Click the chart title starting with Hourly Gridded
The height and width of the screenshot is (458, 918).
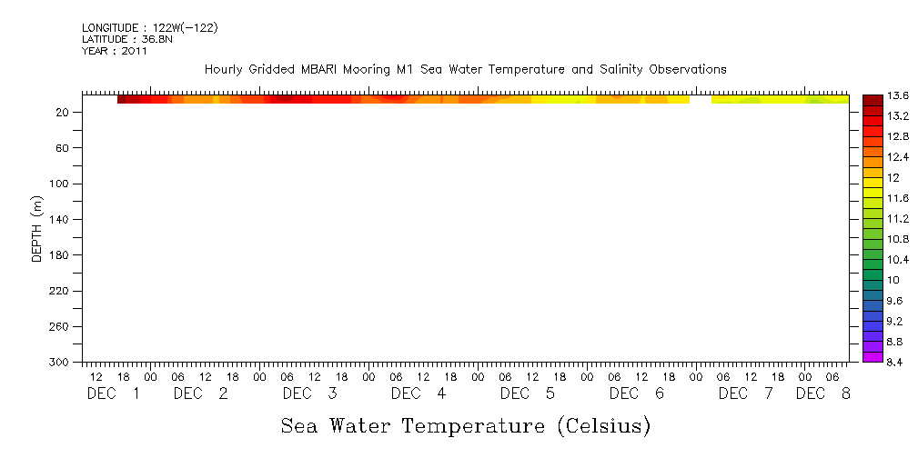pyautogui.click(x=465, y=69)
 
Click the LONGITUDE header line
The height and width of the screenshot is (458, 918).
pyautogui.click(x=149, y=28)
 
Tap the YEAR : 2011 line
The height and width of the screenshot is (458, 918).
pyautogui.click(x=114, y=51)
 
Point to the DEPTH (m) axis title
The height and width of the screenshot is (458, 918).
pyautogui.click(x=37, y=228)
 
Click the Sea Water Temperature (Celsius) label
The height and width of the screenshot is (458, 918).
pyautogui.click(x=465, y=425)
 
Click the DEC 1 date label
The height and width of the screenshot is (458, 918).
pyautogui.click(x=114, y=394)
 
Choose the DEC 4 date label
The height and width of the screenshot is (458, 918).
pyautogui.click(x=419, y=394)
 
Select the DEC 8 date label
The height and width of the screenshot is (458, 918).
pyautogui.click(x=823, y=394)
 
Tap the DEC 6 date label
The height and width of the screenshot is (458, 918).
pyautogui.click(x=637, y=394)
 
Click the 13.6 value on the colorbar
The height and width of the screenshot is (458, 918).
pyautogui.click(x=895, y=96)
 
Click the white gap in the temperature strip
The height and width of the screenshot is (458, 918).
pyautogui.click(x=700, y=99)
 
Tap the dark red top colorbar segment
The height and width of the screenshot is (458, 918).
pyautogui.click(x=872, y=99)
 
